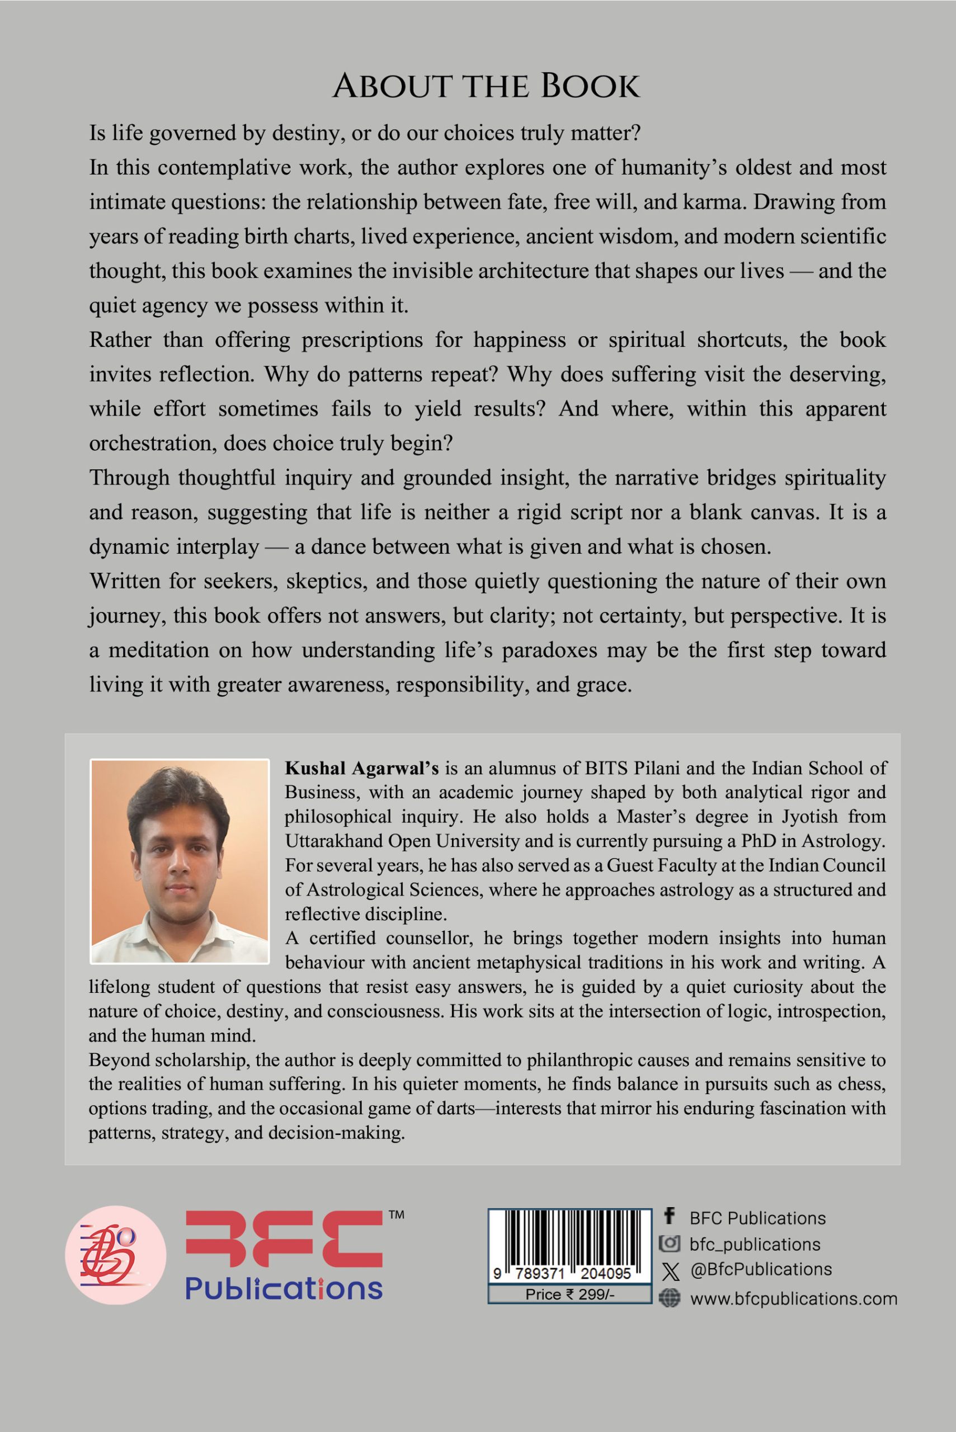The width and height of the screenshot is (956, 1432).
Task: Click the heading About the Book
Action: (x=486, y=86)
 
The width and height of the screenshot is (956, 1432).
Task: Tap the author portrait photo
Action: (x=180, y=861)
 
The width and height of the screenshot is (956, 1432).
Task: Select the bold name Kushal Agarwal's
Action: (x=361, y=767)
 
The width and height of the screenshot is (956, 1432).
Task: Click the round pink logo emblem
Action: (x=116, y=1255)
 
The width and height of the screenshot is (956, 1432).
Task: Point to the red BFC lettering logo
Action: (x=284, y=1240)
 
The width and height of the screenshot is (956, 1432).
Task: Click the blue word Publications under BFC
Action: (x=284, y=1288)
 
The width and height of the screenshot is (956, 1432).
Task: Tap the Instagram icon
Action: (x=670, y=1243)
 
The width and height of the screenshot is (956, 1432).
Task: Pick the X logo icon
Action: (x=670, y=1271)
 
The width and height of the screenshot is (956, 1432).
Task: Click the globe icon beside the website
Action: (x=670, y=1298)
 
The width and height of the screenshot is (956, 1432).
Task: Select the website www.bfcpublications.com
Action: (x=793, y=1298)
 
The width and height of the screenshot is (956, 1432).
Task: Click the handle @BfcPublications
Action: (x=761, y=1269)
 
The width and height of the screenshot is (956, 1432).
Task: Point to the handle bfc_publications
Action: (x=755, y=1244)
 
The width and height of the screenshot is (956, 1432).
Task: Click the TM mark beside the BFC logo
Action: (x=396, y=1215)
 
